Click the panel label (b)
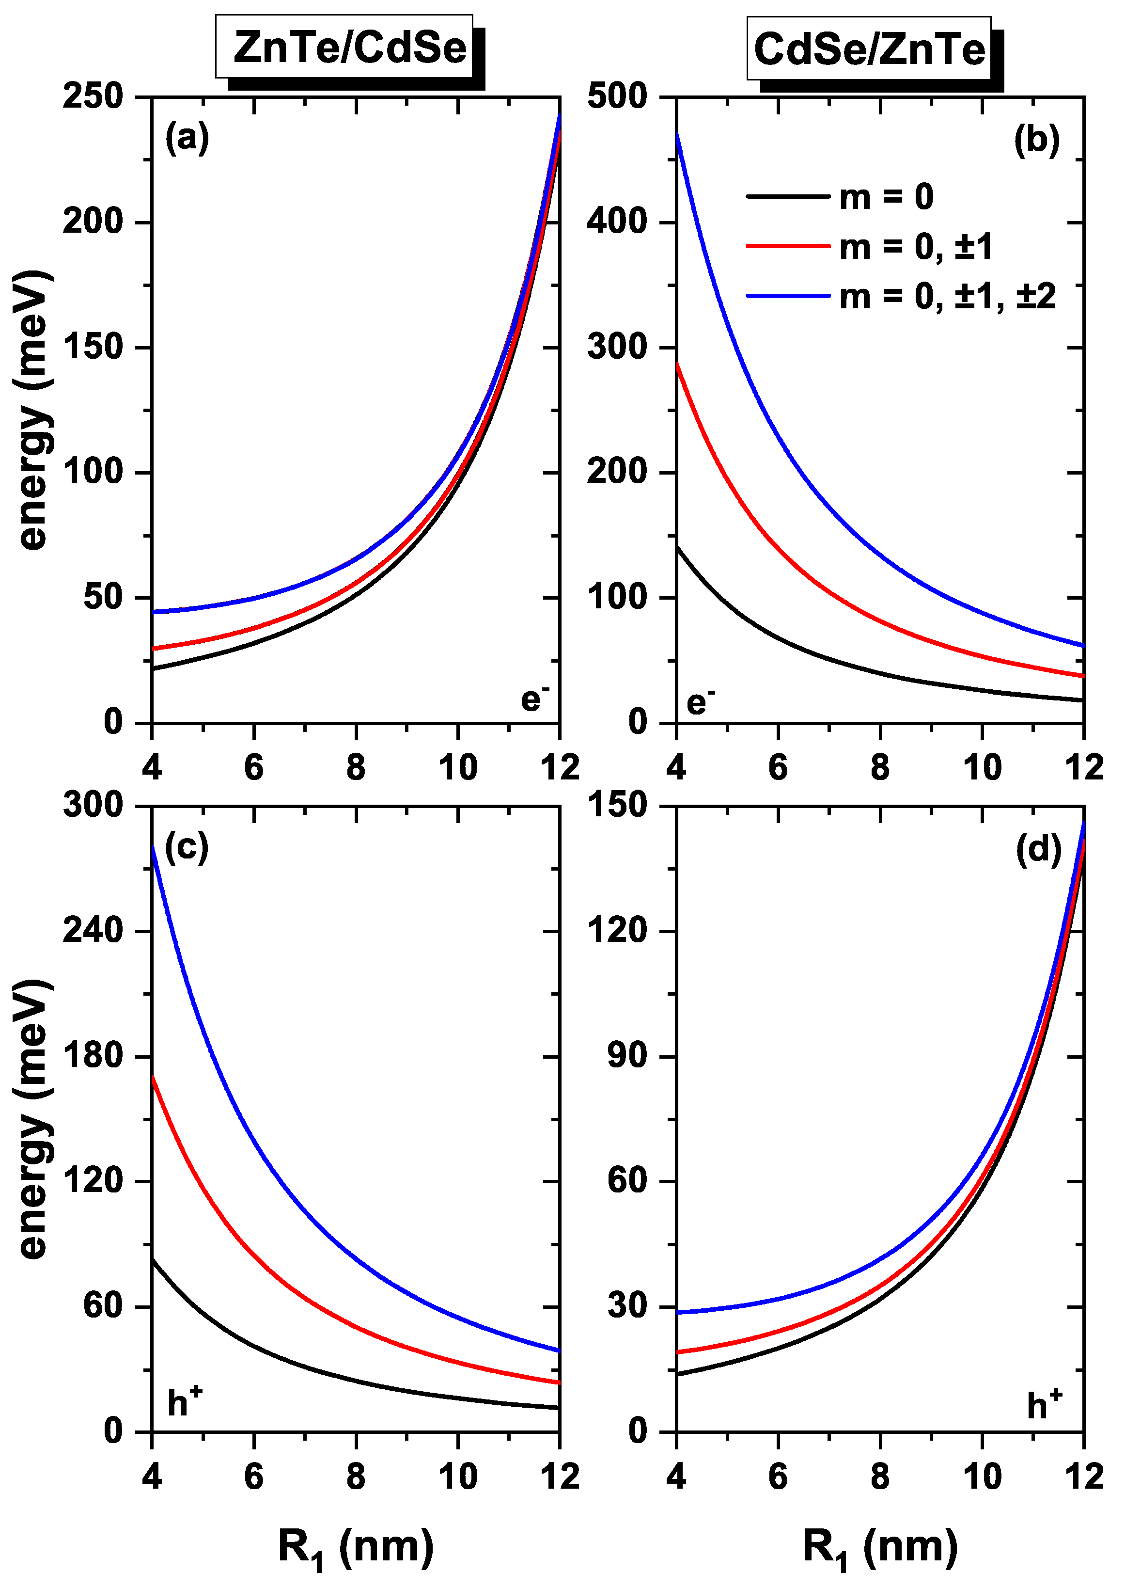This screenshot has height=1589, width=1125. point(1036,140)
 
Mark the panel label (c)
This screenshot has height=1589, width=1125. point(187,847)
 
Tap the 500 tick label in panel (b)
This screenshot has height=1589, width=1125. point(617,96)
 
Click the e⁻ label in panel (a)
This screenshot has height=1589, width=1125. point(535,699)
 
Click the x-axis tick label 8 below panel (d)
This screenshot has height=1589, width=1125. point(880,1476)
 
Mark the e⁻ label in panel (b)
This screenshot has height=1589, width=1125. point(701,702)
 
